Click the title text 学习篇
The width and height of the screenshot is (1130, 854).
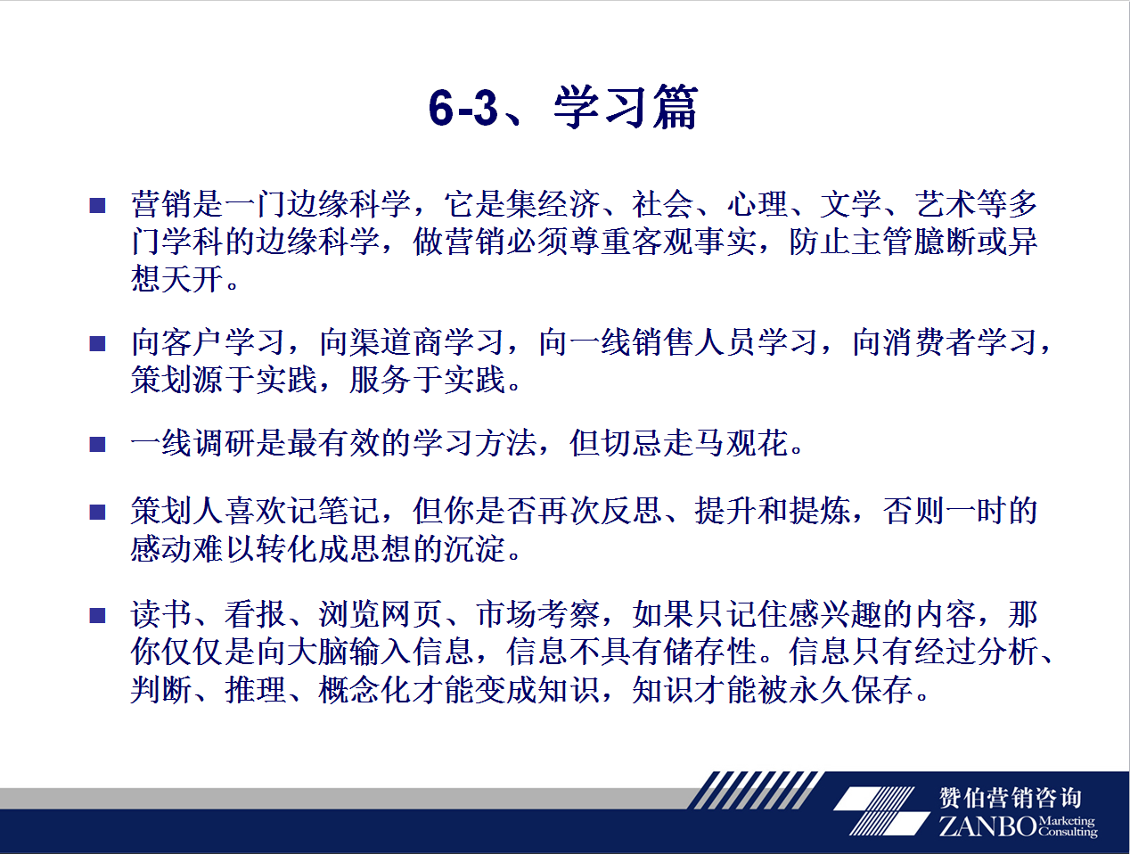click(626, 107)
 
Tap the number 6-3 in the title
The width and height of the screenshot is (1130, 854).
click(463, 108)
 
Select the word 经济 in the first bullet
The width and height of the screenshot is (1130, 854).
click(569, 204)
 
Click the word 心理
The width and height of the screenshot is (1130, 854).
click(757, 204)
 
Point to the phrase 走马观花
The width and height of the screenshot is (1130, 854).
click(725, 443)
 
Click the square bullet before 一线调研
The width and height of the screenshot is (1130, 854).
click(97, 444)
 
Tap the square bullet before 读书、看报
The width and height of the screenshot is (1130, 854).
click(97, 615)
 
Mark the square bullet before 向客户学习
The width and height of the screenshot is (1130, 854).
click(97, 343)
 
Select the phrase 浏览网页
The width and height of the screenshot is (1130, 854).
click(381, 614)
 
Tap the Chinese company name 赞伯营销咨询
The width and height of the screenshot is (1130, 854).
click(1010, 797)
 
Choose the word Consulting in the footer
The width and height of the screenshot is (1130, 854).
click(1068, 832)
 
